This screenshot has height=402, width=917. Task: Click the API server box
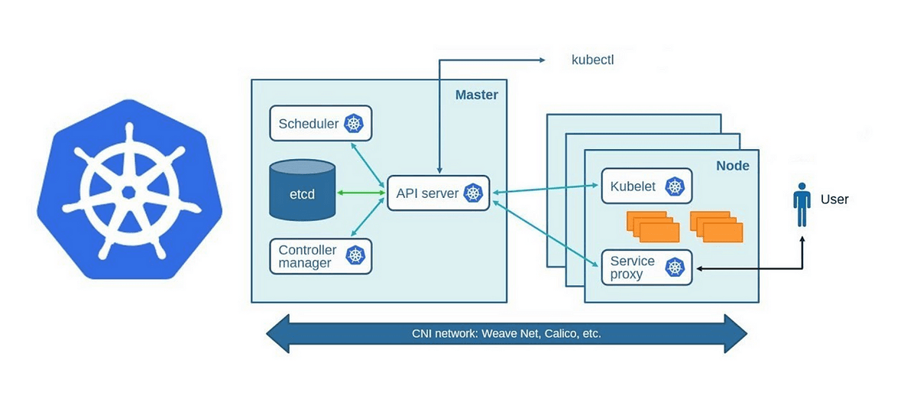[x=438, y=193]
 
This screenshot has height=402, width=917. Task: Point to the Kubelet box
[x=646, y=186]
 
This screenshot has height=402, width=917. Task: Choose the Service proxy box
[x=646, y=267]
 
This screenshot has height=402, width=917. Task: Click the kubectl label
[x=593, y=60]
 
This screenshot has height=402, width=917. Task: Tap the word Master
[x=476, y=96]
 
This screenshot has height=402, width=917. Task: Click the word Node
[x=732, y=166]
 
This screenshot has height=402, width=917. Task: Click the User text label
[x=834, y=199]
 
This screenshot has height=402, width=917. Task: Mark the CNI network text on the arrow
[x=507, y=334]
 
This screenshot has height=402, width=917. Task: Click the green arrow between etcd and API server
[x=359, y=193]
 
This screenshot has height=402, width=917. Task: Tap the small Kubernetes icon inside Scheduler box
[x=354, y=124]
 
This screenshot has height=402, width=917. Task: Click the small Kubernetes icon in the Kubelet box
[x=674, y=186]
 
